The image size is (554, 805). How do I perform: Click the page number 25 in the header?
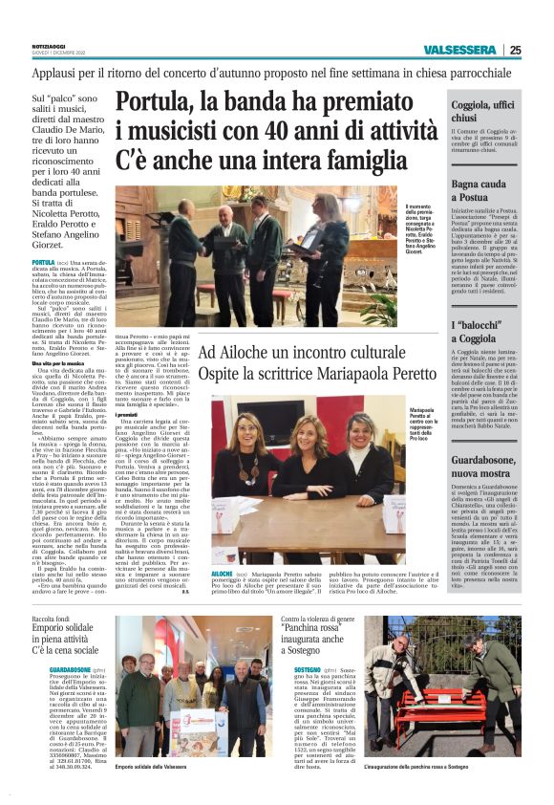coord(516,51)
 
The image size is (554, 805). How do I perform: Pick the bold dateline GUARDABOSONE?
coord(56,668)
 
